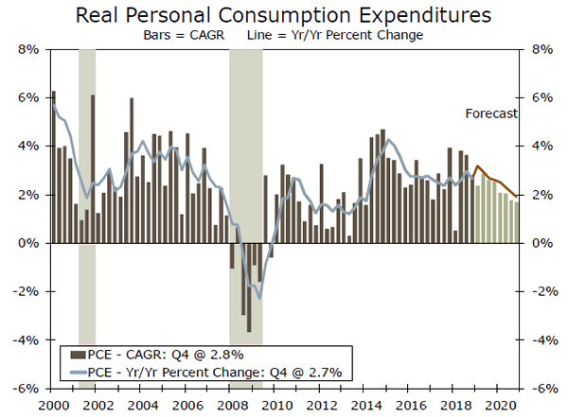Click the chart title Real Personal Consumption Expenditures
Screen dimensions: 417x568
[x=283, y=15]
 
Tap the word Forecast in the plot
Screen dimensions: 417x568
[x=491, y=114]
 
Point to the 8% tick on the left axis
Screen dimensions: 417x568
[x=27, y=49]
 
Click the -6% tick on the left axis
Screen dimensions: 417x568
[x=25, y=388]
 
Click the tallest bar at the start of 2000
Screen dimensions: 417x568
[x=53, y=166]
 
